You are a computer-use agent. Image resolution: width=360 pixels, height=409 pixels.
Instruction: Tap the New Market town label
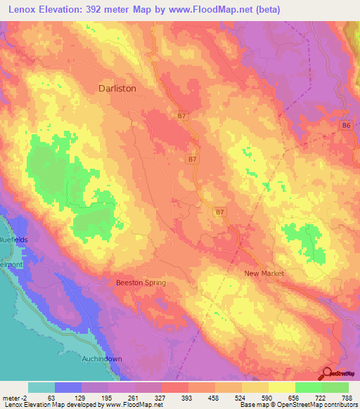262,273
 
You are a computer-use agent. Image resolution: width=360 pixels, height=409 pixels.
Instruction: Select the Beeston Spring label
141,283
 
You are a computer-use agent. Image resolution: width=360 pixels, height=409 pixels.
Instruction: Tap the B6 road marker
345,125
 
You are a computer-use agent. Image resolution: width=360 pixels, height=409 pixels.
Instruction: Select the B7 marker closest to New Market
220,211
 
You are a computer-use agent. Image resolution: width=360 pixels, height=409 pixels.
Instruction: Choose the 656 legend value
295,397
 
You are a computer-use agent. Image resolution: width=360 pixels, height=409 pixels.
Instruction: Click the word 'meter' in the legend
11,397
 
